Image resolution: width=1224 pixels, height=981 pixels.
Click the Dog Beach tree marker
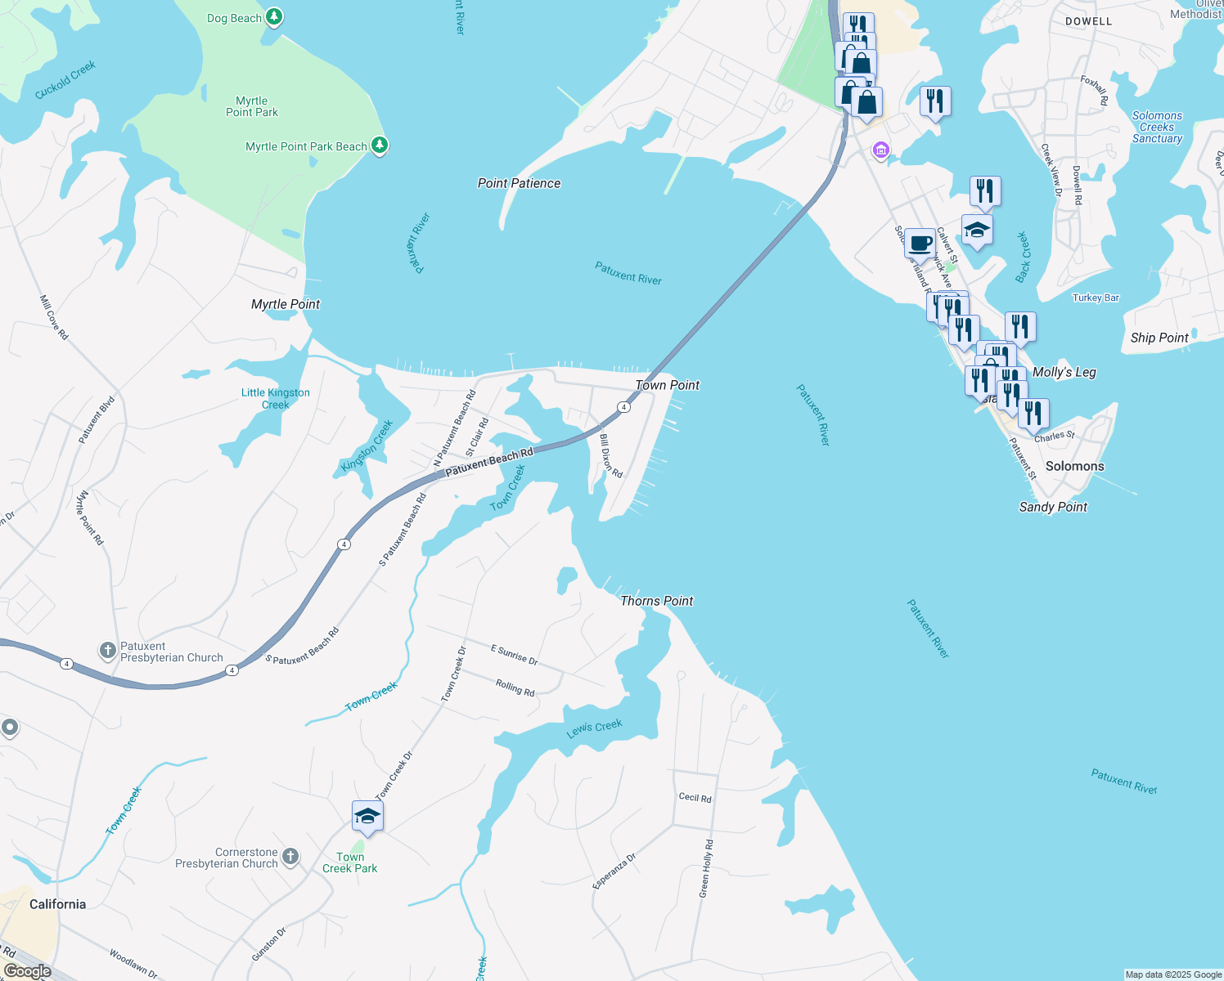click(274, 17)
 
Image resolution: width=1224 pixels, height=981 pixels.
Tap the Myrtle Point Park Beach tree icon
click(379, 146)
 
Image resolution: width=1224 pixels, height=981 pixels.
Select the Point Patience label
click(519, 183)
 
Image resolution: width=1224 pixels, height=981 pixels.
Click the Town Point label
click(668, 385)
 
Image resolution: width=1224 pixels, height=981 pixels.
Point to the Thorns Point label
click(656, 601)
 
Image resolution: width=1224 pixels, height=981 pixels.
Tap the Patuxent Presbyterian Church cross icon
click(108, 651)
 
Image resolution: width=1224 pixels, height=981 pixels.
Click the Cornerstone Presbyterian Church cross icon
click(290, 857)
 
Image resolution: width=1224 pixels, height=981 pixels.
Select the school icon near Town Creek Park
click(367, 816)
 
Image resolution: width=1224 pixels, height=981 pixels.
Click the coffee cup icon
click(920, 243)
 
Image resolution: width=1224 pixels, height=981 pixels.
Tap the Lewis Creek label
click(595, 728)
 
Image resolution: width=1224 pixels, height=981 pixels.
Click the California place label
click(57, 904)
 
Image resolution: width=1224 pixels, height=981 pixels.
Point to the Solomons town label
click(1074, 466)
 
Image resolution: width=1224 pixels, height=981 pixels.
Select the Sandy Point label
click(1053, 507)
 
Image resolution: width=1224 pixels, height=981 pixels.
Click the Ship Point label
click(1159, 338)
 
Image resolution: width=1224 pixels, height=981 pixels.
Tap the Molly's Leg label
click(1064, 372)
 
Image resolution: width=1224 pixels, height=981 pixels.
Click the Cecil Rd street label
click(695, 797)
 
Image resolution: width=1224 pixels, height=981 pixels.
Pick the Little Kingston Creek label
click(276, 398)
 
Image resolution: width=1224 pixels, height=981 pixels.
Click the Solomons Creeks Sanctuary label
click(1157, 128)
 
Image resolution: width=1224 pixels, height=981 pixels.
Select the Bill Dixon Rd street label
click(611, 456)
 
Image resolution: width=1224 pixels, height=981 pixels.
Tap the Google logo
click(27, 971)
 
